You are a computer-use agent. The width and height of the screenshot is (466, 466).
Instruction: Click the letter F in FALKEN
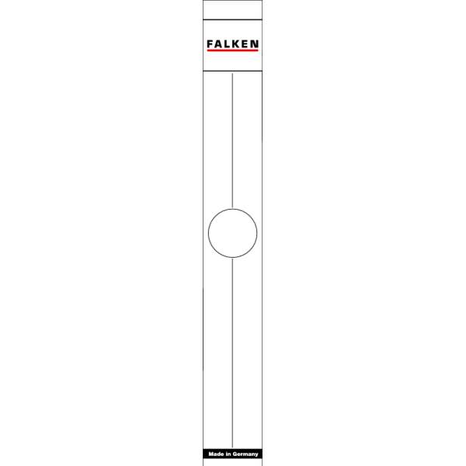point(210,44)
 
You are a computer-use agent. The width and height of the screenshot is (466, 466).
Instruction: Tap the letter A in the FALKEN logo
point(218,44)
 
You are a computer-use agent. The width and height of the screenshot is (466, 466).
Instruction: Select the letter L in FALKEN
point(227,44)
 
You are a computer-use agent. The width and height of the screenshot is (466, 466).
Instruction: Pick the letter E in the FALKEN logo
point(244,44)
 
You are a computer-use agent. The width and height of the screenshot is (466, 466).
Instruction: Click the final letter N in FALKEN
point(254,44)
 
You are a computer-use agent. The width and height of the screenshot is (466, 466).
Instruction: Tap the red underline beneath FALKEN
point(233,50)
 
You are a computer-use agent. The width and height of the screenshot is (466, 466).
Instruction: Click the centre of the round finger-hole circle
point(233,233)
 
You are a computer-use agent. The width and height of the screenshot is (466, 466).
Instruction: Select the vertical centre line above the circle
point(232,141)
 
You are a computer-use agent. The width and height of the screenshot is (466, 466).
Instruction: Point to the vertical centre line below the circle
point(232,353)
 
